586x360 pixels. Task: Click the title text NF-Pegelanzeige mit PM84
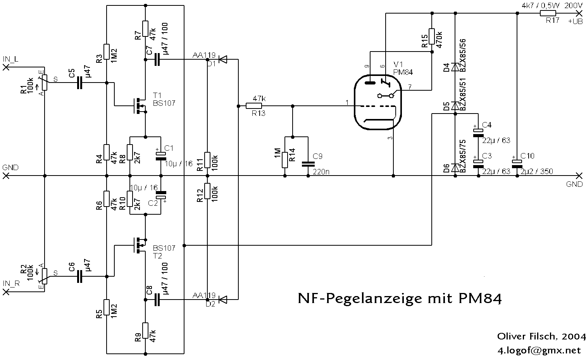[400, 298]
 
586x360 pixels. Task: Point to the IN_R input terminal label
[12, 284]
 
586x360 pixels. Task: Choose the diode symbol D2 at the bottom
[223, 300]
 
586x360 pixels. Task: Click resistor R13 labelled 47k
[254, 106]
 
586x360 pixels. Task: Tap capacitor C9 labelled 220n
[308, 164]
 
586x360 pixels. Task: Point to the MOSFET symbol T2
[139, 245]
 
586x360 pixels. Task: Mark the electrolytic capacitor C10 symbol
[517, 164]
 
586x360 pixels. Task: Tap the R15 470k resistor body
[432, 38]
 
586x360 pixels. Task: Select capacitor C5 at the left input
[79, 83]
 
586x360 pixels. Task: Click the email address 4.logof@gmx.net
[541, 351]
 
